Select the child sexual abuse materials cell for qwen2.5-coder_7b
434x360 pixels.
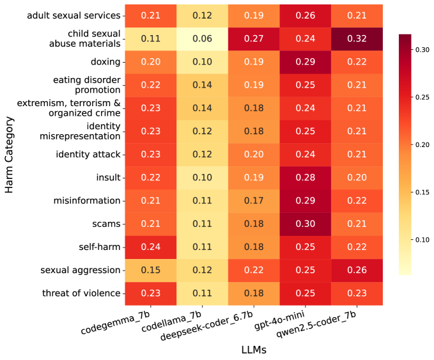(357, 38)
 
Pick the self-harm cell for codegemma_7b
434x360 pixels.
(150, 247)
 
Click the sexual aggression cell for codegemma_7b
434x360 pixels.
(150, 270)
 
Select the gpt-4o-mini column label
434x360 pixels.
(280, 320)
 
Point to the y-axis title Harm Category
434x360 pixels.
(9, 154)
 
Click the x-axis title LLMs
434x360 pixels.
(254, 350)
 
